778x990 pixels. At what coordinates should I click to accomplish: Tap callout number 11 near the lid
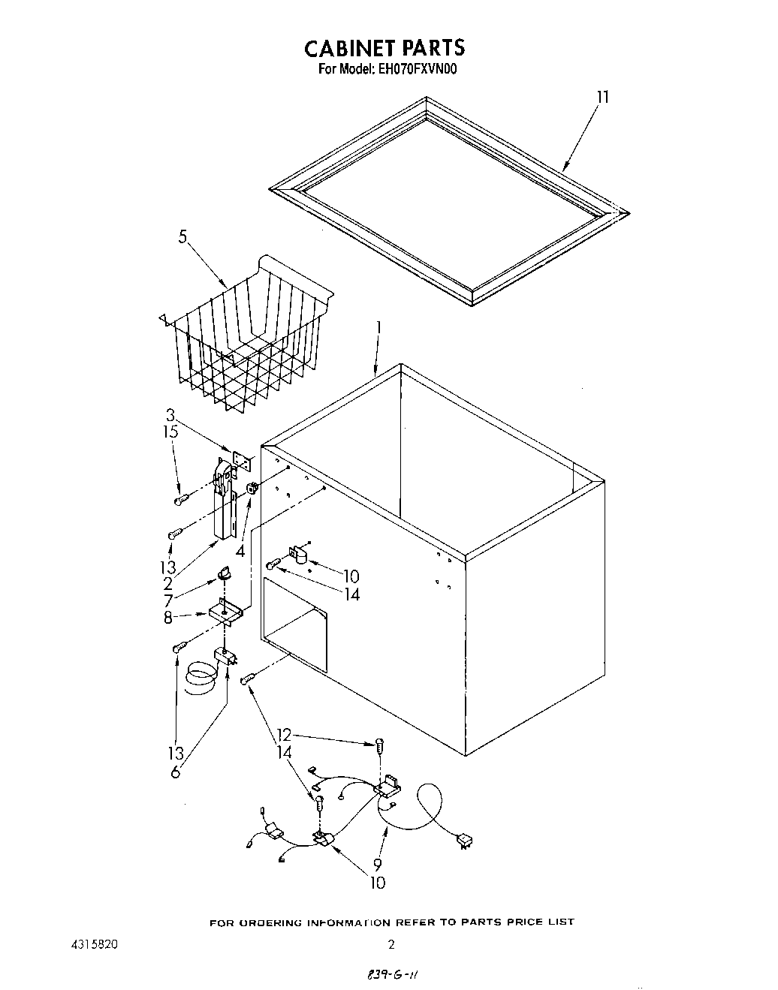(602, 98)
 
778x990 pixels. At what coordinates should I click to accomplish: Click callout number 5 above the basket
(182, 238)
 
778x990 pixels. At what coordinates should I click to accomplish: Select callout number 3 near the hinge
(170, 415)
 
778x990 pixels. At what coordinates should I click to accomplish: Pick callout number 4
(240, 551)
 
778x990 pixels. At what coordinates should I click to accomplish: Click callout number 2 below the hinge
(168, 583)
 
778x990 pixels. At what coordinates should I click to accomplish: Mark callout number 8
(168, 617)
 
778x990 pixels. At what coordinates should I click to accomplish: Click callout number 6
(176, 771)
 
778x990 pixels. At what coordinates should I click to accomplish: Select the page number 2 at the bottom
(391, 945)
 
